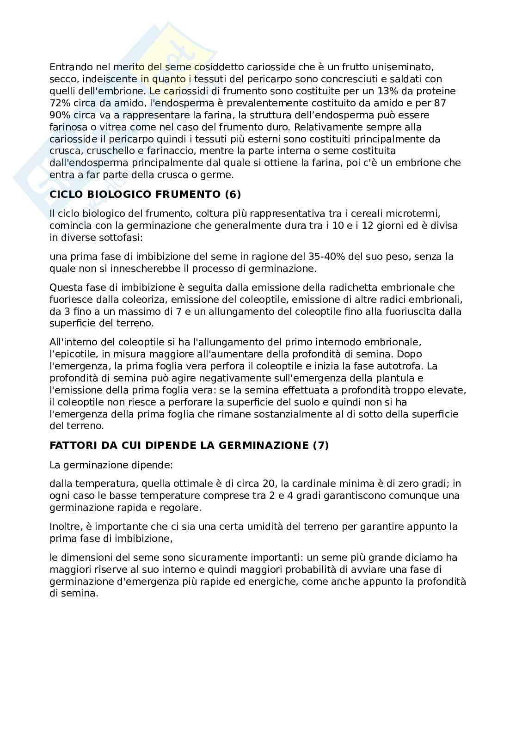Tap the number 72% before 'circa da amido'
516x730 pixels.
(x=60, y=103)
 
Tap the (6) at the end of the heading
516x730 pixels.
(x=233, y=194)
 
